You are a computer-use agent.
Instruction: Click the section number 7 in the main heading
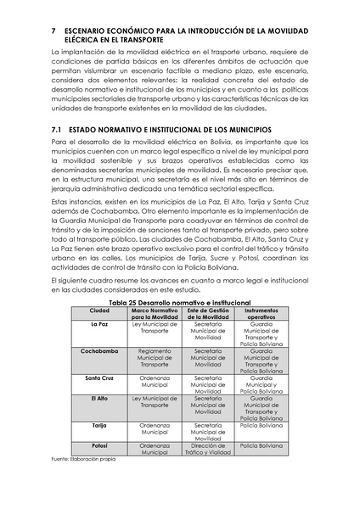[53, 30]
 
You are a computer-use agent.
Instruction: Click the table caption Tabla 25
[179, 302]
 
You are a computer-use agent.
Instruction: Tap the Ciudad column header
[99, 310]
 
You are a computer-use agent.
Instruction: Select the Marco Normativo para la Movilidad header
[155, 314]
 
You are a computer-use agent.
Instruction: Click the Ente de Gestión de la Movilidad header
[208, 314]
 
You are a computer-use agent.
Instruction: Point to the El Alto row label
[99, 397]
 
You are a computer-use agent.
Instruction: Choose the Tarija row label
[99, 423]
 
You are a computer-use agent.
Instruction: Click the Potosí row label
[99, 445]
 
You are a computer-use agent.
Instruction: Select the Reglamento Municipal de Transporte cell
[155, 356]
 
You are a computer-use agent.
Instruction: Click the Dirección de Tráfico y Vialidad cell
[208, 449]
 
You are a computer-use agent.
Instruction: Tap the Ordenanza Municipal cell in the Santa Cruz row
[155, 380]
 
